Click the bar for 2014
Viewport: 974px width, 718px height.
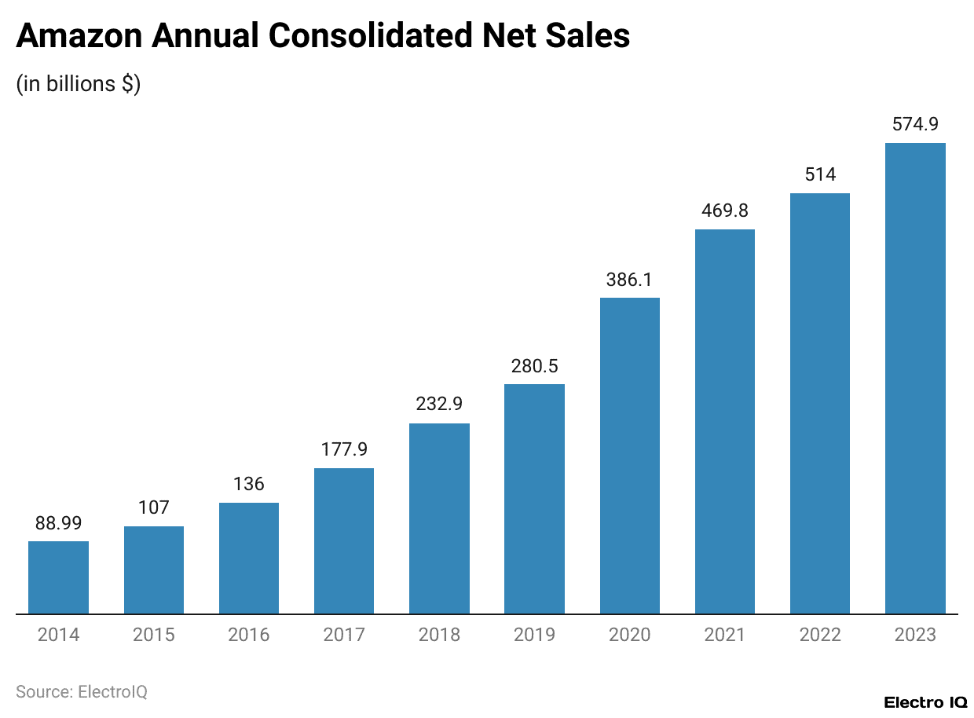pos(58,577)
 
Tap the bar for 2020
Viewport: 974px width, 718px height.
pos(630,456)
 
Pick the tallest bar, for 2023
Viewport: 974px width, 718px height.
pos(915,378)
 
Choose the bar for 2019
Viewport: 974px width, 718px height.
pos(534,499)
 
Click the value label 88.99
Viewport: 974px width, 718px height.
pos(58,522)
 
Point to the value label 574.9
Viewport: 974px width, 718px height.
pos(915,124)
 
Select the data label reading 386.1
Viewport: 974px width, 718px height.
pos(630,279)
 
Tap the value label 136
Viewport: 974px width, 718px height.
pos(249,484)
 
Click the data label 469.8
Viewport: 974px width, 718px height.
pos(725,211)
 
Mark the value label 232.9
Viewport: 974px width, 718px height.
pos(439,405)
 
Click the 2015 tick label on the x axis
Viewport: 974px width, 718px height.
pos(153,635)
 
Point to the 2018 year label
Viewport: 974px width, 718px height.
pos(439,635)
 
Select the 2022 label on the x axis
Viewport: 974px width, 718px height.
pos(820,635)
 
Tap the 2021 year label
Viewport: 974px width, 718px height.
pos(725,635)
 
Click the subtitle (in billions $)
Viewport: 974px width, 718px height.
pos(78,84)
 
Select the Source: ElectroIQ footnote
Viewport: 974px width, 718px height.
pos(82,691)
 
